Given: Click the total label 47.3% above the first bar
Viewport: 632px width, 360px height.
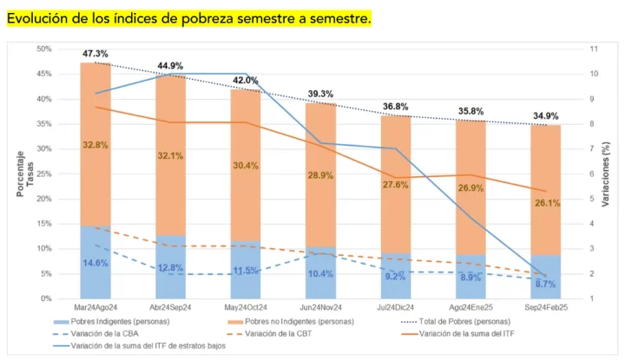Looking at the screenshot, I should tap(95, 54).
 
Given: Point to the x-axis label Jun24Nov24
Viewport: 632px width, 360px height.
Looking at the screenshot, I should tap(320, 307).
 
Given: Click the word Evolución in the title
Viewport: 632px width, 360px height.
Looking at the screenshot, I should tap(41, 16).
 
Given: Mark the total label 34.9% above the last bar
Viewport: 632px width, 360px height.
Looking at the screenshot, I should tap(545, 116).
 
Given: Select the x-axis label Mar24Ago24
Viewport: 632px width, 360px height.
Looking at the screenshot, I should tap(95, 307).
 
